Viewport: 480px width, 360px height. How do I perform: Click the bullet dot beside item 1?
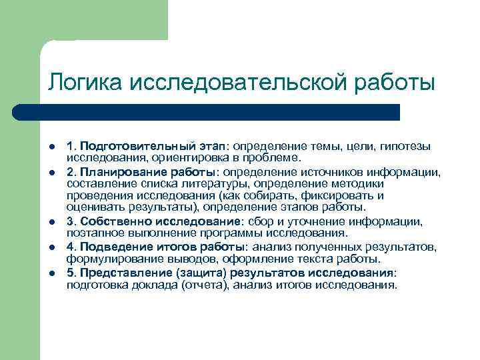pos(52,146)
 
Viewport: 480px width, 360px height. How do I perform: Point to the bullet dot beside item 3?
pos(52,222)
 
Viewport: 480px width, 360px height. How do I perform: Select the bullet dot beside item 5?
pos(52,273)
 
